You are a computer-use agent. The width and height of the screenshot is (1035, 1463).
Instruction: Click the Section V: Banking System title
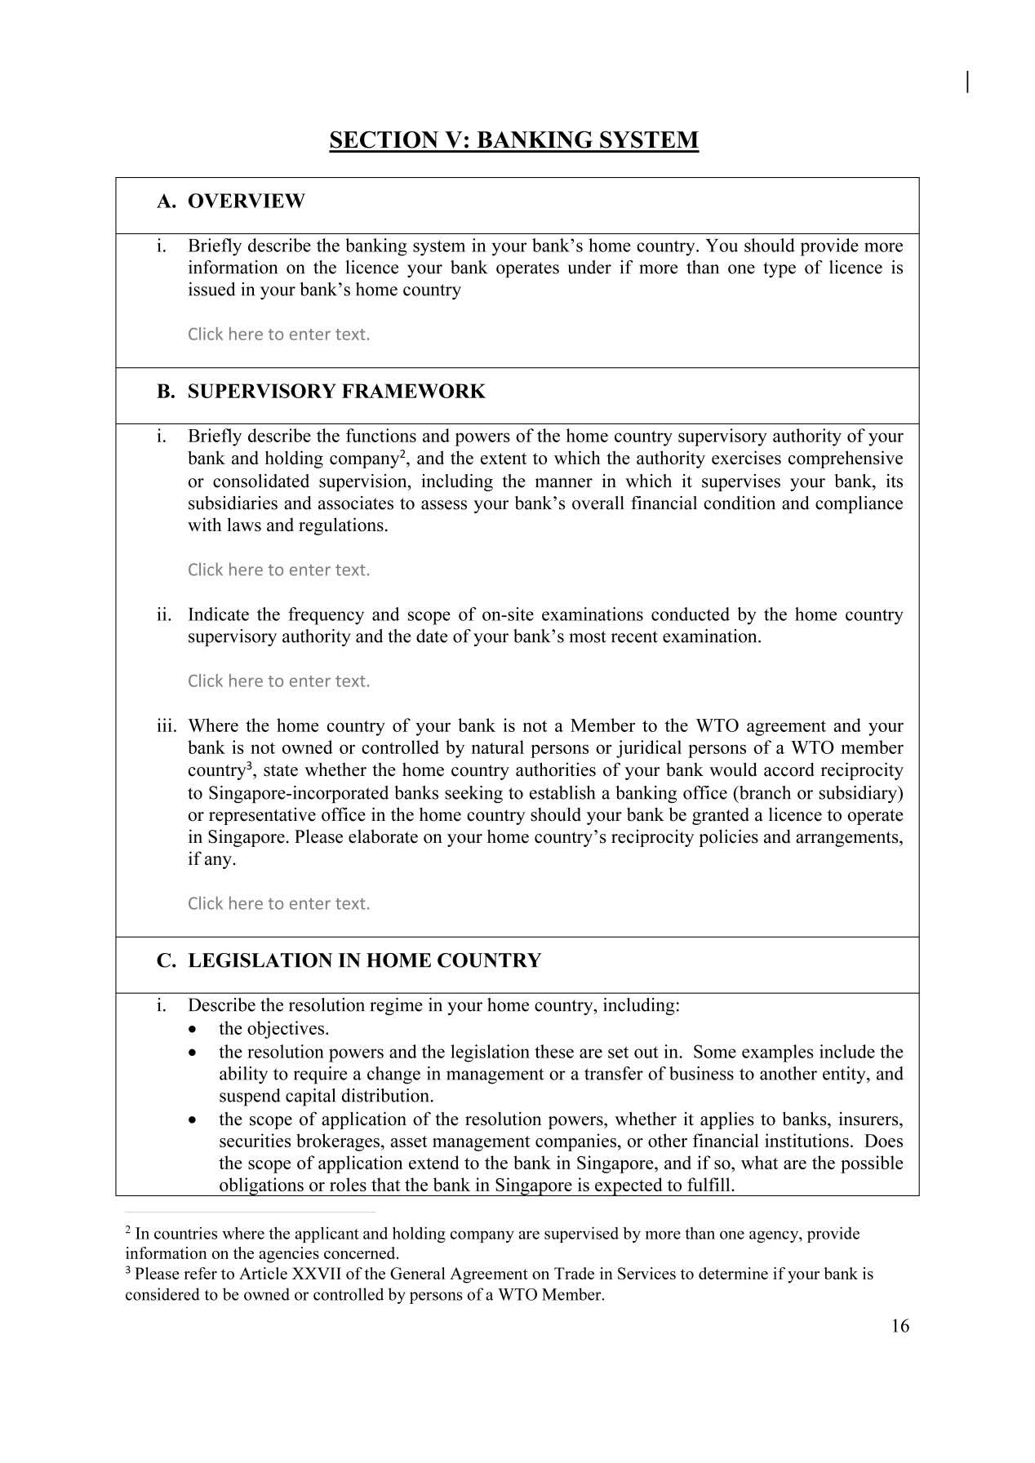click(513, 140)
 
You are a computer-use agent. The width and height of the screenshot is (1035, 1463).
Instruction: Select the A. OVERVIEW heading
click(231, 202)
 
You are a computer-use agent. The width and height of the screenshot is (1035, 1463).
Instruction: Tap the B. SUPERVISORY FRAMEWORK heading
click(321, 392)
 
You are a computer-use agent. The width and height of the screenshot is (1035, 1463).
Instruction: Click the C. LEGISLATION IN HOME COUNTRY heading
click(349, 960)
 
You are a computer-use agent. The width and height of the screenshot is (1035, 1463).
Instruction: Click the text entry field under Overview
click(278, 335)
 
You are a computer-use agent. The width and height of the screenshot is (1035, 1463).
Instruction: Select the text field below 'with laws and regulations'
click(278, 570)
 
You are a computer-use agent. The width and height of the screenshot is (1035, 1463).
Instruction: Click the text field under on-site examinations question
click(278, 681)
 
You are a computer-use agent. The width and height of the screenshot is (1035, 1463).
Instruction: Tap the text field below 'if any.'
click(278, 903)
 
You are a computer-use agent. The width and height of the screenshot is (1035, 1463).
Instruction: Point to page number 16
click(900, 1326)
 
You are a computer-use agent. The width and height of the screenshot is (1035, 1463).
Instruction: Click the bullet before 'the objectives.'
click(192, 1029)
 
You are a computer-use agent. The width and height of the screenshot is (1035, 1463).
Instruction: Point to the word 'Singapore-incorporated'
click(298, 793)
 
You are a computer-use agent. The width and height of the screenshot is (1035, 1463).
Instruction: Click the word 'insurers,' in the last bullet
click(871, 1119)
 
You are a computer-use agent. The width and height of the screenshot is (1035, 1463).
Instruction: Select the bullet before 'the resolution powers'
click(192, 1053)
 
